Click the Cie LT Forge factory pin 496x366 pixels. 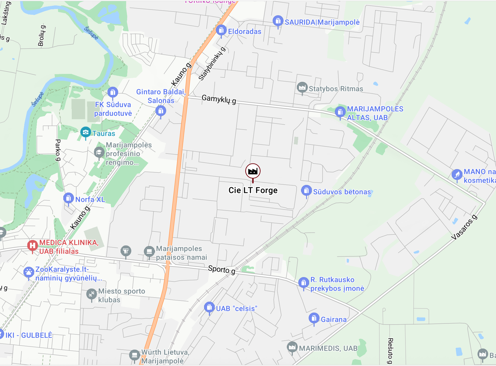pyautogui.click(x=253, y=171)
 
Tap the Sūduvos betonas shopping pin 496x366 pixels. pyautogui.click(x=306, y=190)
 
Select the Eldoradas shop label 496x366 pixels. pyautogui.click(x=244, y=32)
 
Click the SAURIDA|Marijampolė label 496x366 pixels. pyautogui.click(x=322, y=22)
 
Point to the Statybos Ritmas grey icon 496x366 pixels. pyautogui.click(x=302, y=87)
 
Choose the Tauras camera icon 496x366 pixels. pyautogui.click(x=86, y=132)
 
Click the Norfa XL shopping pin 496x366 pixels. pyautogui.click(x=68, y=198)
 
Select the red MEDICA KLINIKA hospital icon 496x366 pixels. pyautogui.click(x=32, y=245)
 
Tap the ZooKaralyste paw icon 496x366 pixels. pyautogui.click(x=29, y=272)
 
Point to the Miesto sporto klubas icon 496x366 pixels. pyautogui.click(x=91, y=294)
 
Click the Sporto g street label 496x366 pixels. pyautogui.click(x=222, y=270)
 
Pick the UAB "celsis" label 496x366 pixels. pyautogui.click(x=237, y=309)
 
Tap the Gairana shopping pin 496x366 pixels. pyautogui.click(x=314, y=318)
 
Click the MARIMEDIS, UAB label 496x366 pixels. pyautogui.click(x=328, y=349)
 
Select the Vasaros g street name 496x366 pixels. pyautogui.click(x=464, y=227)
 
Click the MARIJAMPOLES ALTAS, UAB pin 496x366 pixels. pyautogui.click(x=340, y=112)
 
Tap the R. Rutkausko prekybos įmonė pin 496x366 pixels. pyautogui.click(x=303, y=283)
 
